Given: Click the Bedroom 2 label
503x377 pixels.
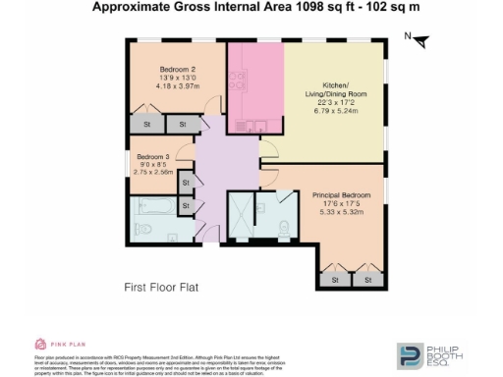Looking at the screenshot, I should [178, 70].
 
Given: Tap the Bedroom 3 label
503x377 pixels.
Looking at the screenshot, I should [153, 157].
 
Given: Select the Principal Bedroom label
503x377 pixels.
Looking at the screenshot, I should [341, 195].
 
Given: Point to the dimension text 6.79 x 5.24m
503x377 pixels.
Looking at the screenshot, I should [336, 109].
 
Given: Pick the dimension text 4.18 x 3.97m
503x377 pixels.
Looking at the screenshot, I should [178, 86].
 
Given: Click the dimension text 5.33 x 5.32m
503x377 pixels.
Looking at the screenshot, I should [341, 212].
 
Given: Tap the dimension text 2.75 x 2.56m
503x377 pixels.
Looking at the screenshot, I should [153, 172].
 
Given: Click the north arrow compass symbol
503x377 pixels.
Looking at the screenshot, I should [420, 40].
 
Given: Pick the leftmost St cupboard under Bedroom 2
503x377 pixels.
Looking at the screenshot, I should [146, 125].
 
